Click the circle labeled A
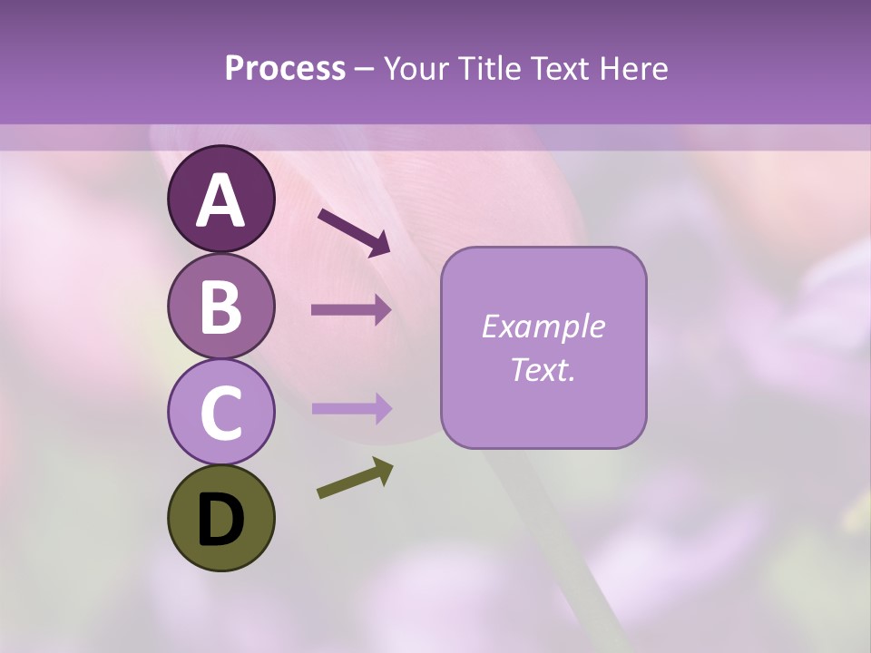click(220, 199)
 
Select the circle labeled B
click(220, 306)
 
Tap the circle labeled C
click(220, 412)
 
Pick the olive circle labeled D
click(220, 518)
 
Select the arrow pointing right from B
click(352, 310)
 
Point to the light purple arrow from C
click(352, 409)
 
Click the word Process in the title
click(285, 69)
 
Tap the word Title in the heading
click(490, 69)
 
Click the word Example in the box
click(543, 326)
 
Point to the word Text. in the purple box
click(543, 369)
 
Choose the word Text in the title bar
click(562, 69)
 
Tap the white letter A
click(220, 200)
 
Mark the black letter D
click(220, 520)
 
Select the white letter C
click(220, 413)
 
